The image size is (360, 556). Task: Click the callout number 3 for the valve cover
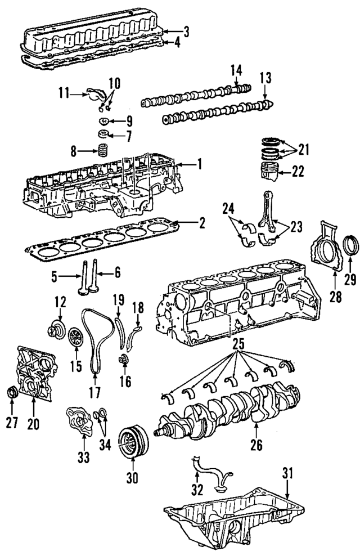click(x=186, y=32)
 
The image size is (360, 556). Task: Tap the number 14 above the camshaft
click(x=236, y=70)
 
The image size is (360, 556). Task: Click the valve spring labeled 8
click(x=103, y=151)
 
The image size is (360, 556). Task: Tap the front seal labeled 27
click(x=12, y=392)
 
